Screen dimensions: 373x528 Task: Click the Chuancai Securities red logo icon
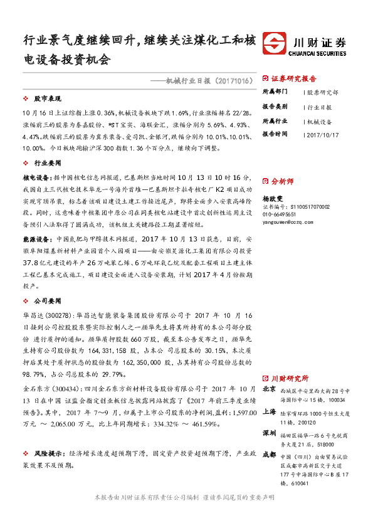point(274,46)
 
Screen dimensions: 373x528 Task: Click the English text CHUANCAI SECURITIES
point(320,54)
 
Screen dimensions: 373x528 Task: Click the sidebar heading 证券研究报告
point(293,79)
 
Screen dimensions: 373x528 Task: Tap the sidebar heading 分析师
point(282,181)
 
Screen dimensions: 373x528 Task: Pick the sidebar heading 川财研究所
point(290,378)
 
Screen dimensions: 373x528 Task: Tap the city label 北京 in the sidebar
point(270,389)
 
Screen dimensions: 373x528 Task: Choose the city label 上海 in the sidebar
point(270,411)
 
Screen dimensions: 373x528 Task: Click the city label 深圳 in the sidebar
point(270,433)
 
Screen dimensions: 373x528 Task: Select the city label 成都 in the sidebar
point(270,455)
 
